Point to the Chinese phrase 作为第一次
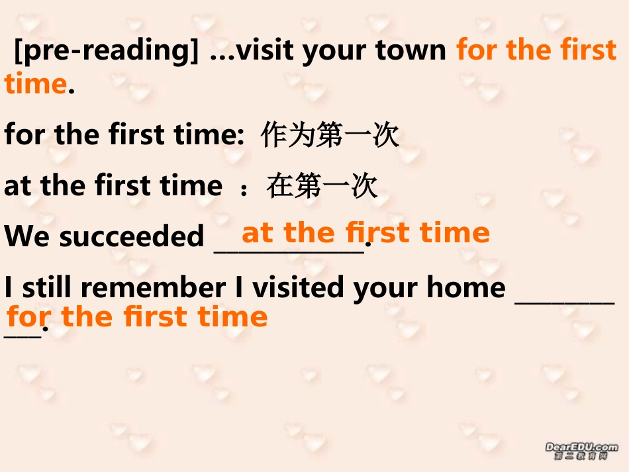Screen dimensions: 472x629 point(330,135)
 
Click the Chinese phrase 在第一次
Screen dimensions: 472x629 point(322,186)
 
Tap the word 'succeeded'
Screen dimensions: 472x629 point(132,236)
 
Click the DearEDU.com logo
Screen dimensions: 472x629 point(581,451)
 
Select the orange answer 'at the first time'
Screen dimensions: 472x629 point(365,233)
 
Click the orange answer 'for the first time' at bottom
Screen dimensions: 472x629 point(137,317)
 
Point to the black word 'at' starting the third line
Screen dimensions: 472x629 point(18,186)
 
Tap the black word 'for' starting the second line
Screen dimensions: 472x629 point(25,135)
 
